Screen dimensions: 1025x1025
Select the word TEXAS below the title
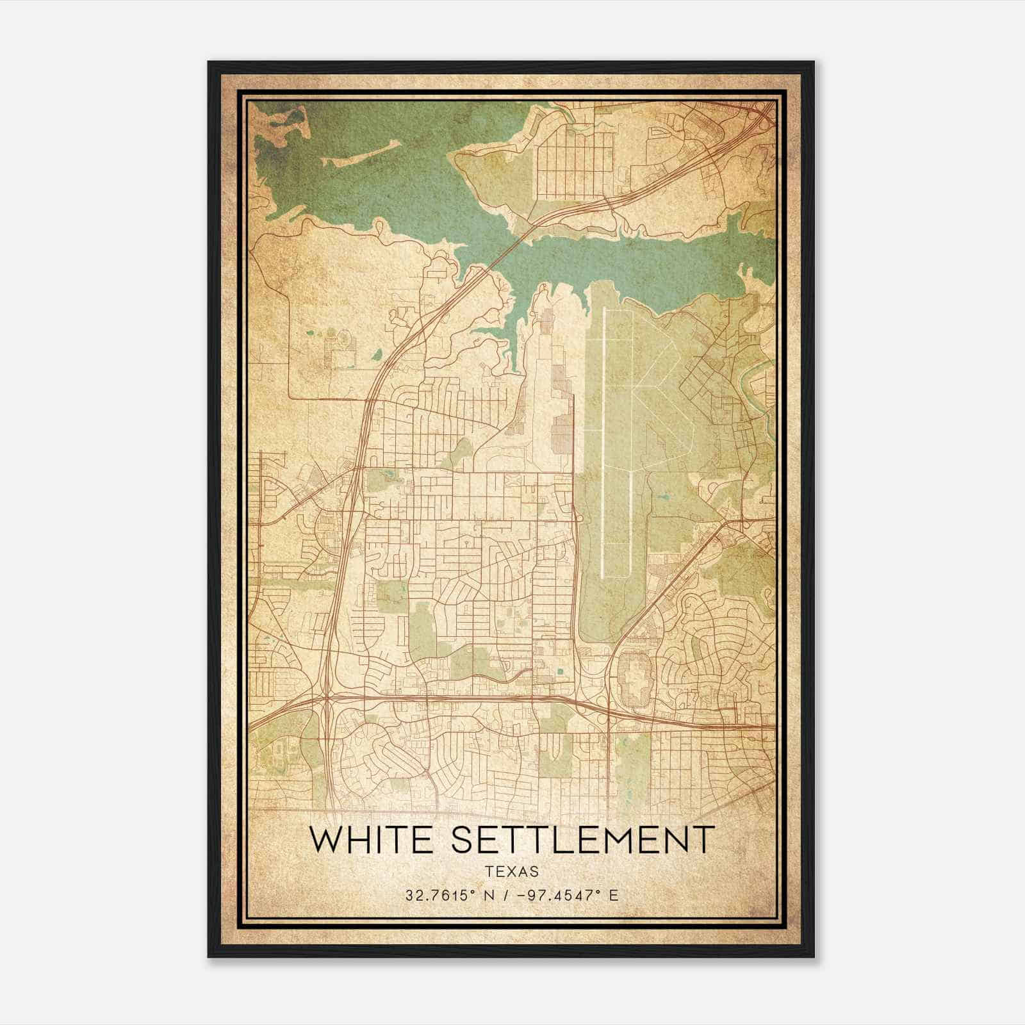[511, 871]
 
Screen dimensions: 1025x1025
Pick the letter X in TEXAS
[512, 871]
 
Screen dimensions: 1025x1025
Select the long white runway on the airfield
[604, 436]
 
